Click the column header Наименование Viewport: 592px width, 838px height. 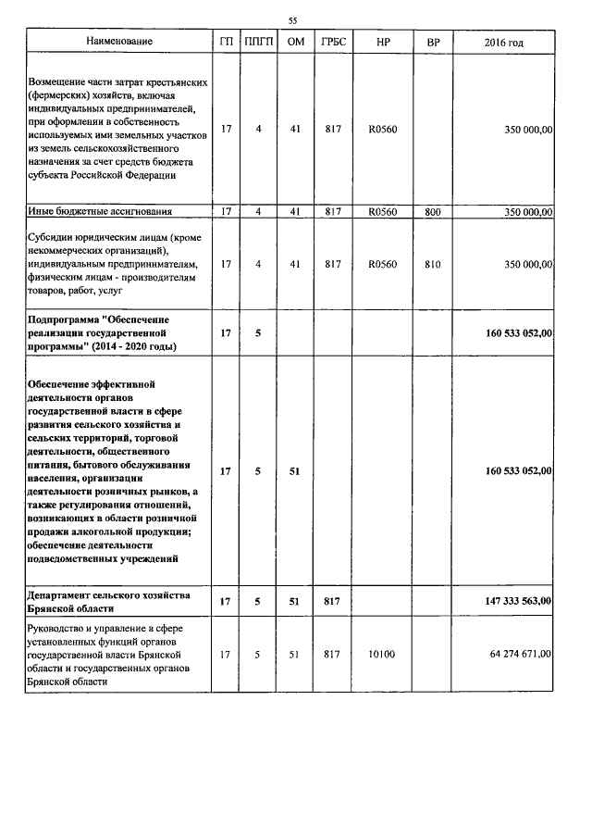(119, 43)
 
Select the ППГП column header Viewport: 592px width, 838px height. (259, 43)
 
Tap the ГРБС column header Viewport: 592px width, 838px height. (333, 43)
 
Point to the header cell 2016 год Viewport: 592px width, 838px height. (503, 43)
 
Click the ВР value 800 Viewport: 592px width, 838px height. (433, 212)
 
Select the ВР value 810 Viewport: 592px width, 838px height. (433, 265)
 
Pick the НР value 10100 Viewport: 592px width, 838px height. (382, 655)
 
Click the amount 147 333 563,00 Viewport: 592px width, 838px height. (519, 602)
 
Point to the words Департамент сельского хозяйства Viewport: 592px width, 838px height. (109, 594)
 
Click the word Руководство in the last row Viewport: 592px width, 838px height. (59, 629)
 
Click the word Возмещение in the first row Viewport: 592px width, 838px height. (59, 82)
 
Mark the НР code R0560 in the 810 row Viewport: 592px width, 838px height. (382, 265)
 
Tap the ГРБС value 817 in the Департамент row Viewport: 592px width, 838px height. (333, 602)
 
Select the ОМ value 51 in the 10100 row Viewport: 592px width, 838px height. (295, 655)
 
